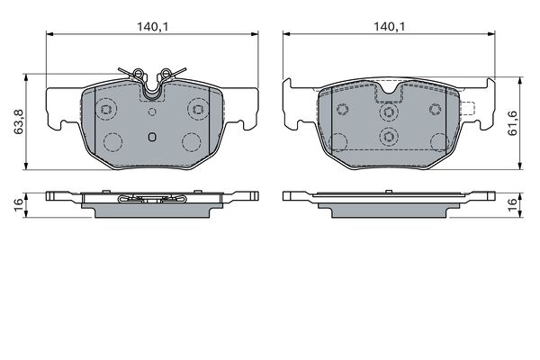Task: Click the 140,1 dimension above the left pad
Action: pos(153,26)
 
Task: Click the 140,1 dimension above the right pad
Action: pos(390,26)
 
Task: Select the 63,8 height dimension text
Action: pos(18,121)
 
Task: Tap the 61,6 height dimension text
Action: pos(513,123)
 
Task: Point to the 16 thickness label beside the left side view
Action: pos(18,204)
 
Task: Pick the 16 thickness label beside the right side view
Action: pos(513,204)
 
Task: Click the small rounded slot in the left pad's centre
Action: pos(152,137)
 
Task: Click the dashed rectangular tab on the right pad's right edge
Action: pos(468,109)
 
